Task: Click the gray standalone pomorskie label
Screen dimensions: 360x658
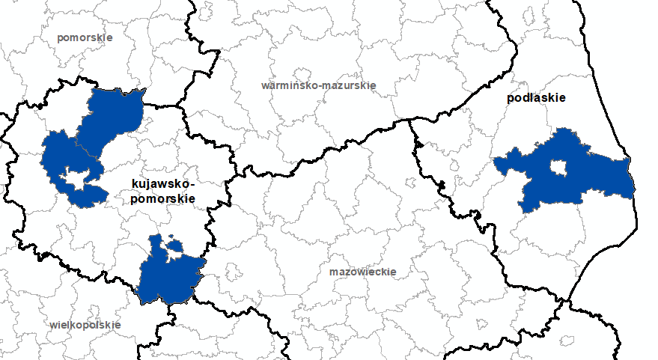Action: (85, 37)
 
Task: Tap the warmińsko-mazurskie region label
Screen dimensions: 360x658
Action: (318, 85)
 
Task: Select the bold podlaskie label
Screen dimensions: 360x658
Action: (536, 98)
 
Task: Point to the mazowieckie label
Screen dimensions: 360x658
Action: (362, 272)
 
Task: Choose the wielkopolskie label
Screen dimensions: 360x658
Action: (85, 325)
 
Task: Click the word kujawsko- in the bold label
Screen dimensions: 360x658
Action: (162, 184)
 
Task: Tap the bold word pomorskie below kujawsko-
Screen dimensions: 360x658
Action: (162, 198)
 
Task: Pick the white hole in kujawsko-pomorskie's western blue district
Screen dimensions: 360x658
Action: (75, 177)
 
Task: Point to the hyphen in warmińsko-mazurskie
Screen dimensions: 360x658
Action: (318, 85)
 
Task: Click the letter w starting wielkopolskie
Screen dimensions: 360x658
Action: (53, 325)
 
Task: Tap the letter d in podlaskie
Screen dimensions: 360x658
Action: (526, 98)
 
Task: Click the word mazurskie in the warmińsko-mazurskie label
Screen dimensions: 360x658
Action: (348, 85)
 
